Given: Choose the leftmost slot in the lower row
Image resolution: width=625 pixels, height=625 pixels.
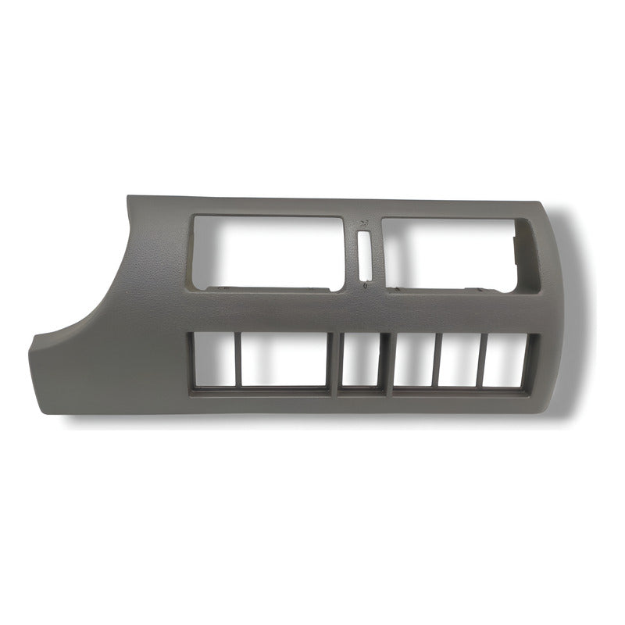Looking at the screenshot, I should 212,361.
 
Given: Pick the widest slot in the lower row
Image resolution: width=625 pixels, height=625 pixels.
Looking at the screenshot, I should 286,361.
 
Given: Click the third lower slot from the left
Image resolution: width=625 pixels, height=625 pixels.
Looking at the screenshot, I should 361,361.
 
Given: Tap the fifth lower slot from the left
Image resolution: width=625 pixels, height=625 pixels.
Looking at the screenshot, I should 461,361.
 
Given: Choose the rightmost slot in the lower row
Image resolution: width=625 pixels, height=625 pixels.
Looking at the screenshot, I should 506,361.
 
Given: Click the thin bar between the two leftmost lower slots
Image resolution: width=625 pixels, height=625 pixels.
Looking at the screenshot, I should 237,361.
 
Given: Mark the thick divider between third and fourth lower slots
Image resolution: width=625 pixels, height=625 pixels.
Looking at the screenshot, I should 387,361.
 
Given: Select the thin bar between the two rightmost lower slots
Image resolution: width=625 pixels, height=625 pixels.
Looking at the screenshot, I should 483,361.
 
